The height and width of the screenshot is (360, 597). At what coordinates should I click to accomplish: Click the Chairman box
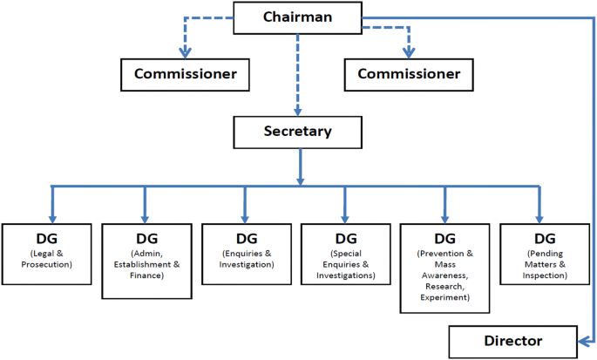[298, 17]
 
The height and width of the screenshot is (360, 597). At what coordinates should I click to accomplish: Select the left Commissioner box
[185, 74]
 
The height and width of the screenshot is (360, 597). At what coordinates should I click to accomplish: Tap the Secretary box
[298, 132]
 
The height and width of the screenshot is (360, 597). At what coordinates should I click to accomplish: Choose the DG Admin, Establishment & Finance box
[145, 254]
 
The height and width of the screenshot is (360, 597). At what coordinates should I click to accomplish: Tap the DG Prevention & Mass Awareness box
[444, 267]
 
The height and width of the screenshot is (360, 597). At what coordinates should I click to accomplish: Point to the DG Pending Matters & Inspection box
[545, 254]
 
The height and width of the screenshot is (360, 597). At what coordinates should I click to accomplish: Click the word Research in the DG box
[444, 286]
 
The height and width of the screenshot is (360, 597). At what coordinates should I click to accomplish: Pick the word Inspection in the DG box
[545, 275]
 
